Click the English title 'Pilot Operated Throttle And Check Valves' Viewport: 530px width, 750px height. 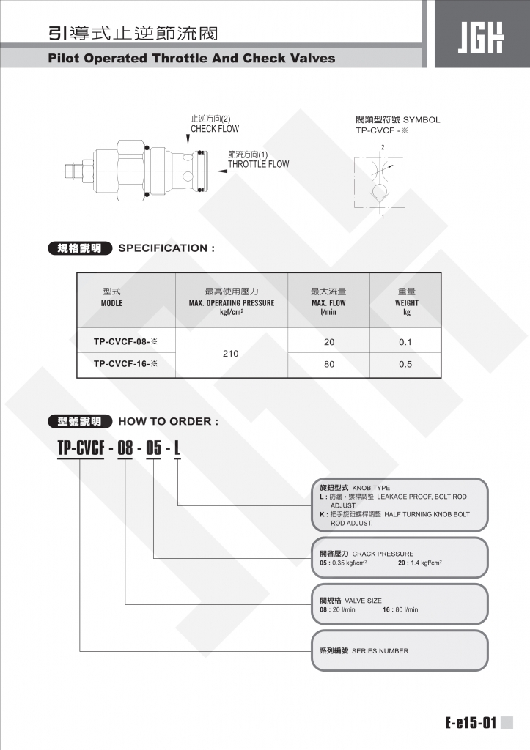(x=191, y=58)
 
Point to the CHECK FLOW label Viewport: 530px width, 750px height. (x=215, y=129)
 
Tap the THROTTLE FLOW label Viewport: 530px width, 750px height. (x=258, y=164)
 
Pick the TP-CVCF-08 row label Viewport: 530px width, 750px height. (x=125, y=341)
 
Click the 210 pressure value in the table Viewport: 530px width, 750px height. (x=231, y=353)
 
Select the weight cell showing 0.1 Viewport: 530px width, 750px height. (x=405, y=341)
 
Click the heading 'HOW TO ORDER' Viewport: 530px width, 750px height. (x=168, y=421)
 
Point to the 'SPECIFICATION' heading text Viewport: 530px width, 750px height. (x=166, y=248)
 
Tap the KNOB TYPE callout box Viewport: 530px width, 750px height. (x=400, y=505)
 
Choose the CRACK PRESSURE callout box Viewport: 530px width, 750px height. (x=400, y=557)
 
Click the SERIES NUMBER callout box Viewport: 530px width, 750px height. (x=400, y=650)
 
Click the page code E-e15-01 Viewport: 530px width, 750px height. (x=470, y=724)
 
